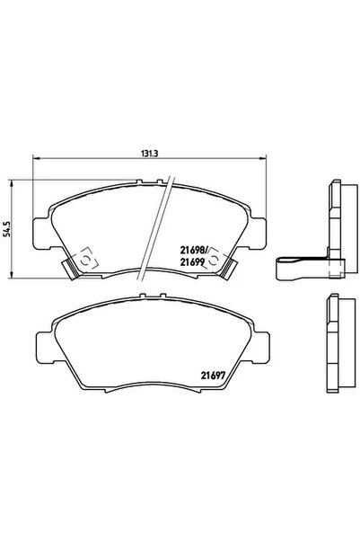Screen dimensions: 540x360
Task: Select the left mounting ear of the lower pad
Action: pos(40,345)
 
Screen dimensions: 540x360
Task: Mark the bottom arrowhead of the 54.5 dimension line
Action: pos(11,273)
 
